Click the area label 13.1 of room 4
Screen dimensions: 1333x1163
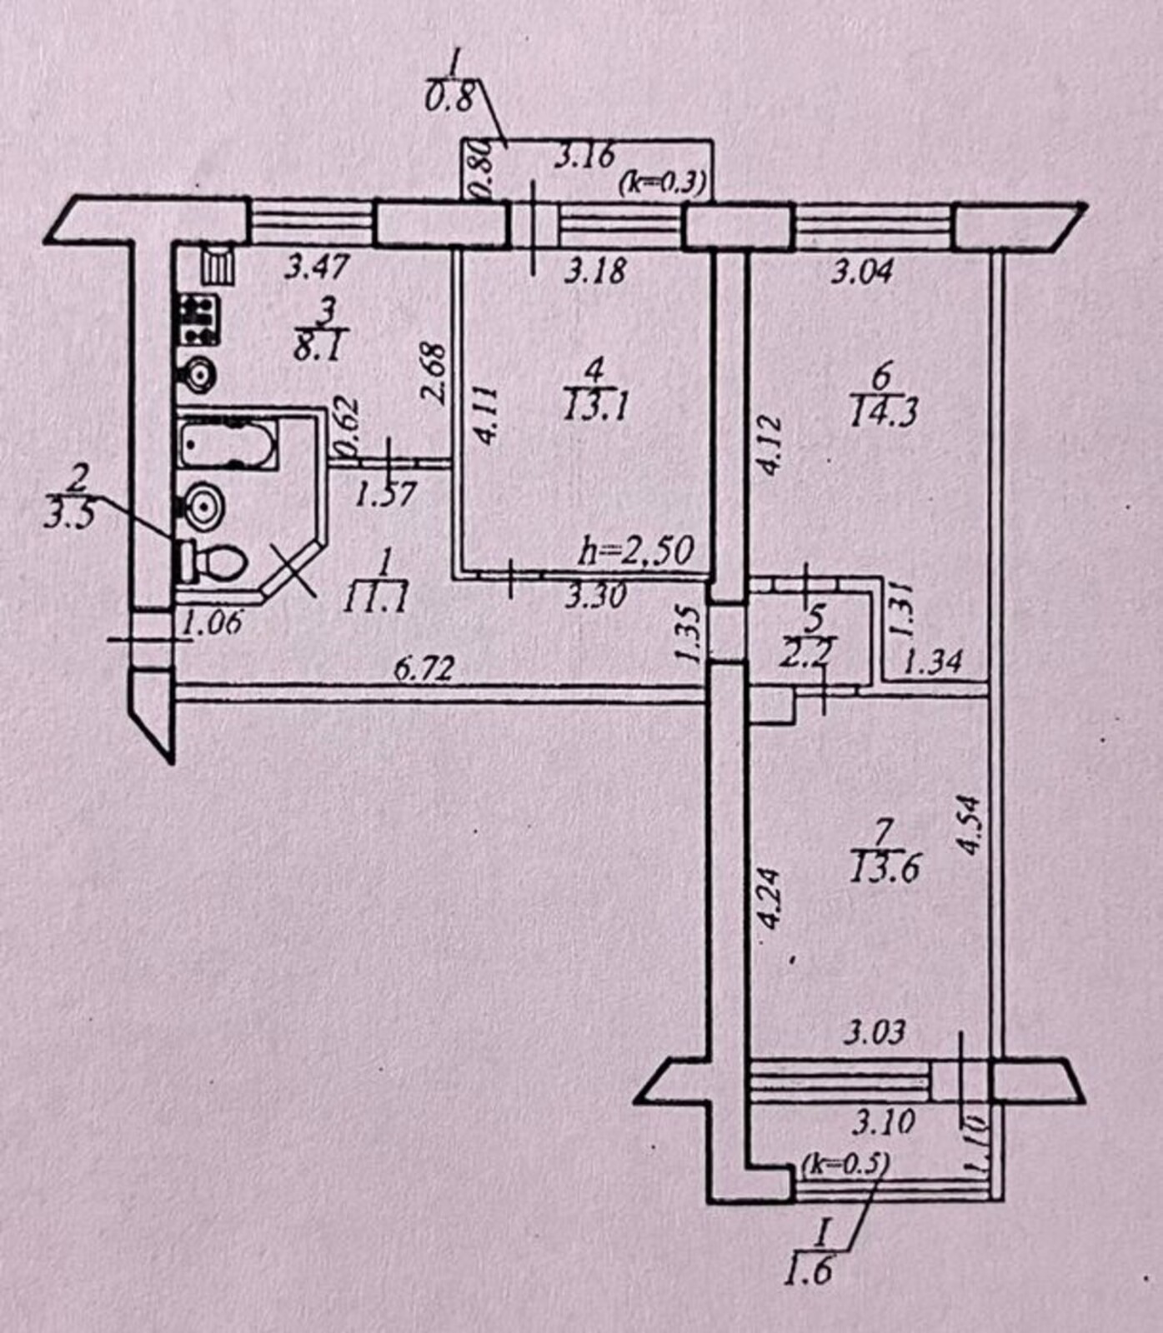point(595,407)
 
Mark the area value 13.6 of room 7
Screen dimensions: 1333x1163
point(885,870)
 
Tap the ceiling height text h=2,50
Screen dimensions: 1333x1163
point(637,551)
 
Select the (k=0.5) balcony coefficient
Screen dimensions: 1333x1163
point(845,1163)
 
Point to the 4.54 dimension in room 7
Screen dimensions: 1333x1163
point(968,825)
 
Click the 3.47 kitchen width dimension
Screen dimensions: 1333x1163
point(315,268)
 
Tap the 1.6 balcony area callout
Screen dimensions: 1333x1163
point(808,1272)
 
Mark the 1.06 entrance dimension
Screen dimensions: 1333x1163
point(212,622)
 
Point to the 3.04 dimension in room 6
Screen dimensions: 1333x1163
point(861,272)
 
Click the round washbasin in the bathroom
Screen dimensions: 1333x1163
point(201,505)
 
